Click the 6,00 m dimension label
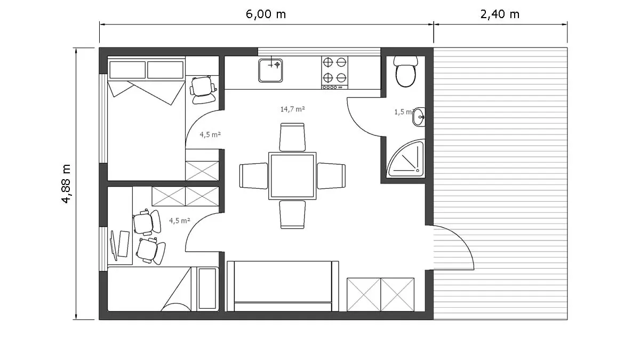pos(266,14)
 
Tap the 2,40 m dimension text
pos(500,14)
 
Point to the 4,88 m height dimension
pos(66,183)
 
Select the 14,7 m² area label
pos(292,109)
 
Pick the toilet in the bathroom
pos(405,71)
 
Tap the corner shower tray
pos(405,158)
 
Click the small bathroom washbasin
pos(419,117)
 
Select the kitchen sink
pos(270,70)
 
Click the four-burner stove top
pos(334,73)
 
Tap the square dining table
pos(292,175)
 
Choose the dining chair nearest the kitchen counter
pos(292,137)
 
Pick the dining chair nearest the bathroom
pos(331,175)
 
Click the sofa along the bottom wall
pos(283,286)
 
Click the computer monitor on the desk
pos(114,246)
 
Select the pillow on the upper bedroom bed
pos(127,70)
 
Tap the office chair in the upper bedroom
pos(203,90)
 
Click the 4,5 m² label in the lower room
pos(180,221)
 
